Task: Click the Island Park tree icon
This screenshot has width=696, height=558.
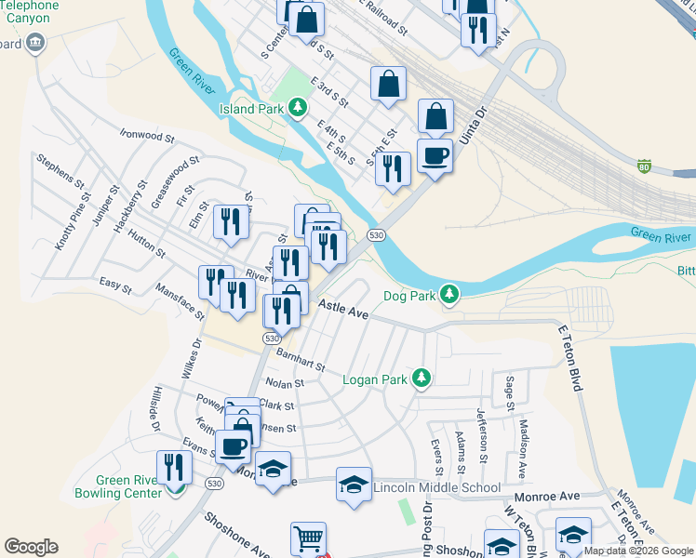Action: pyautogui.click(x=298, y=109)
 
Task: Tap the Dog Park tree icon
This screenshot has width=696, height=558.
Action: pyautogui.click(x=450, y=296)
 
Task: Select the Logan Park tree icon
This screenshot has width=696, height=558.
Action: pyautogui.click(x=422, y=379)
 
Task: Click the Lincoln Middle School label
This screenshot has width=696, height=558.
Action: pyautogui.click(x=436, y=487)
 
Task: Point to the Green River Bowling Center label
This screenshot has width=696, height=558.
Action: pyautogui.click(x=117, y=486)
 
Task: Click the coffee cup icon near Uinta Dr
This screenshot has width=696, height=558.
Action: pyautogui.click(x=435, y=154)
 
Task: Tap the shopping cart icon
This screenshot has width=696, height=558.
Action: pyautogui.click(x=307, y=538)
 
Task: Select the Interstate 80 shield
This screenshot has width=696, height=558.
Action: pyautogui.click(x=644, y=166)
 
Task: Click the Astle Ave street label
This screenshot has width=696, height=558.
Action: pyautogui.click(x=343, y=311)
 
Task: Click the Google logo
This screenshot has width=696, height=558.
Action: pyautogui.click(x=31, y=547)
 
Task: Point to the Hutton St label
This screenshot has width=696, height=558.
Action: pyautogui.click(x=147, y=245)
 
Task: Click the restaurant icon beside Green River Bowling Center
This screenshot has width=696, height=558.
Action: pyautogui.click(x=173, y=466)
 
